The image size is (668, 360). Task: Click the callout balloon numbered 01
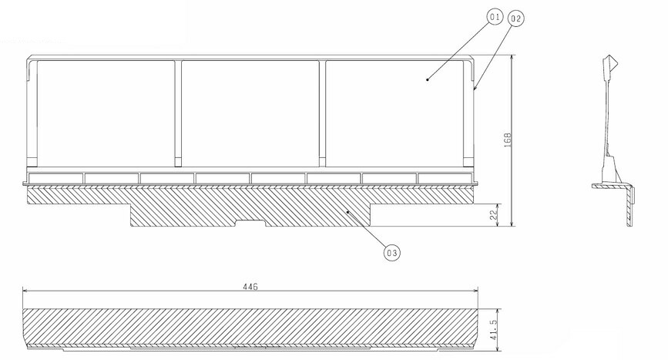(x=495, y=17)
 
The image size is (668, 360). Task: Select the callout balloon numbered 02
(x=515, y=19)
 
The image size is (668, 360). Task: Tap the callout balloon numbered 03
(x=392, y=253)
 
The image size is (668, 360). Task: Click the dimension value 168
(x=507, y=140)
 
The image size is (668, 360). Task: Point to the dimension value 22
(x=494, y=215)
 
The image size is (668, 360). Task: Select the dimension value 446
(x=250, y=287)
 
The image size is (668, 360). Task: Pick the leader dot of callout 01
(x=428, y=79)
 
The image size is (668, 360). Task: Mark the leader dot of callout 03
(x=348, y=211)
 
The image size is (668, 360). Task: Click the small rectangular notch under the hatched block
(x=250, y=223)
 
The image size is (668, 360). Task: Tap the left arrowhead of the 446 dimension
(x=25, y=291)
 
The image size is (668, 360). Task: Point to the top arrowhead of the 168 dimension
(x=512, y=58)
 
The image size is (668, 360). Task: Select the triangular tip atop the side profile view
(x=613, y=62)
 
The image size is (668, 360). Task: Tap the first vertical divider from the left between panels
(x=178, y=113)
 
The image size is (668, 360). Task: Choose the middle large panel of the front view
(x=250, y=113)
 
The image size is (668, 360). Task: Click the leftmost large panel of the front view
(x=106, y=113)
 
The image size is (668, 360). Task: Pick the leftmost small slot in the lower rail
(x=55, y=178)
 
